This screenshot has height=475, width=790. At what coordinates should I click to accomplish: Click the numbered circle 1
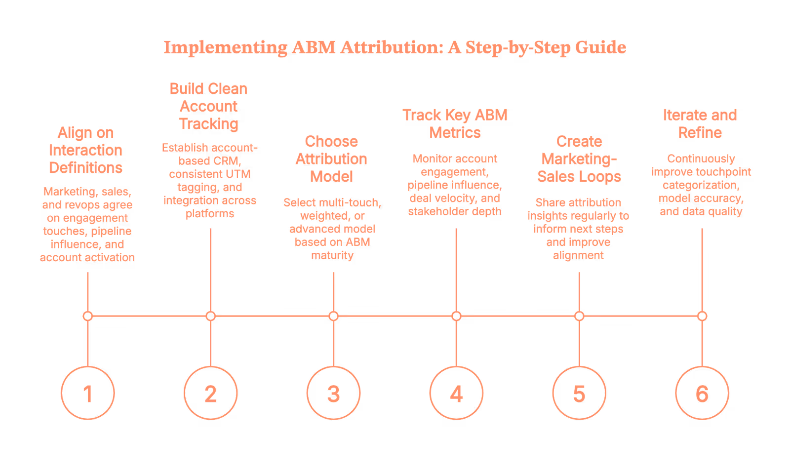(87, 393)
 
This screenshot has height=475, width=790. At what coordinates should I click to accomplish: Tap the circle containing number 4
(456, 393)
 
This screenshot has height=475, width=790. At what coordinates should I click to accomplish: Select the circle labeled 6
(702, 393)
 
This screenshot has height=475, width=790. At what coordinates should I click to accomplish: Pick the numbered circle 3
(333, 393)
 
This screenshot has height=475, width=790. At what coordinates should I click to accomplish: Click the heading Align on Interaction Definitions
(85, 150)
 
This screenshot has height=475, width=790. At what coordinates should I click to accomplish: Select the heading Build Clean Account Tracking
(208, 106)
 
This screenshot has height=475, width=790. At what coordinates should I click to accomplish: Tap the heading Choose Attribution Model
(331, 159)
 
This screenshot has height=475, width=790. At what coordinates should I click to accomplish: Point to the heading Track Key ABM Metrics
(455, 123)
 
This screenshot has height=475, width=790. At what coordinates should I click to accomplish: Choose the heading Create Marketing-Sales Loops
(579, 159)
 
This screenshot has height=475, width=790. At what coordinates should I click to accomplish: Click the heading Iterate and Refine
(700, 123)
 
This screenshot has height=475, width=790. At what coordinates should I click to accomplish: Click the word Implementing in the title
(225, 48)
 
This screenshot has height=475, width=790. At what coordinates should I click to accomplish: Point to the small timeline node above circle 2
(211, 316)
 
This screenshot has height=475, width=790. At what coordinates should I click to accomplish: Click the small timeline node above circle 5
(579, 316)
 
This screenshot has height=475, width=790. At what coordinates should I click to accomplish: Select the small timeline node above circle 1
(87, 316)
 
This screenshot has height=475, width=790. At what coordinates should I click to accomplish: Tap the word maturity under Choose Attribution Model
(332, 255)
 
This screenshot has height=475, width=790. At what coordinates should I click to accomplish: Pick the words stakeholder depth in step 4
(455, 211)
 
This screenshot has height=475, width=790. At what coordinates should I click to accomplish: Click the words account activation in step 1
(87, 257)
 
